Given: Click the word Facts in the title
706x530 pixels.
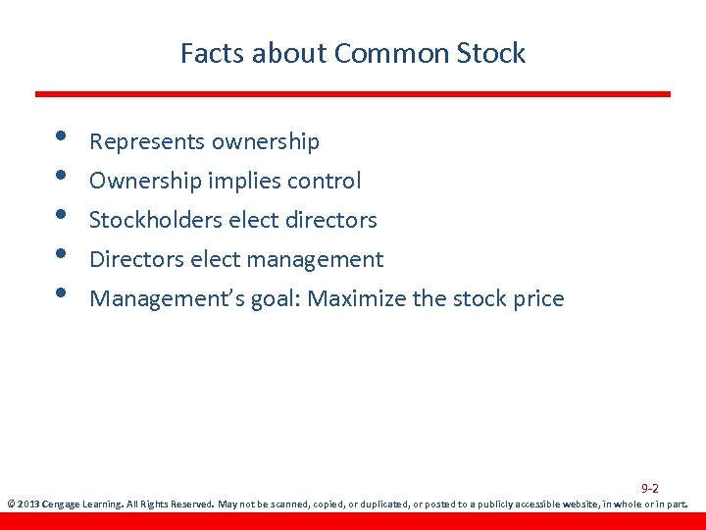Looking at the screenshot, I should point(212,53).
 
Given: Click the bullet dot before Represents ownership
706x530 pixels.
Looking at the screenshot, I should point(61,136).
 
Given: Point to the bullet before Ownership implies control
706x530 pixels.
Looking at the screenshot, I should point(61,176).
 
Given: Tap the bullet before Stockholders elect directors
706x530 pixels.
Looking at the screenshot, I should point(61,215).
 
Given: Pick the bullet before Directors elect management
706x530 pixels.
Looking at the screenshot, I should point(61,254).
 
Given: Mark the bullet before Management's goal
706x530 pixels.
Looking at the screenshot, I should point(61,293).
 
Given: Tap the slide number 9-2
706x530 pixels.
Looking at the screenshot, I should point(650,488).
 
